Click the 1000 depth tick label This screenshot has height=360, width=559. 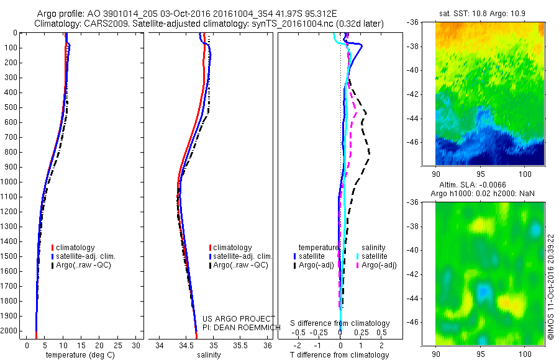tap(10, 182)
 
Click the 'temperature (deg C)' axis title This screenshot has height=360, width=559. tap(75, 355)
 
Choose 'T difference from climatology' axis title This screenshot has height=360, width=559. tap(340, 355)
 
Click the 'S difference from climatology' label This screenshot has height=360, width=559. tap(340, 323)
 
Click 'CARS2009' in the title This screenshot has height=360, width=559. tap(101, 24)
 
